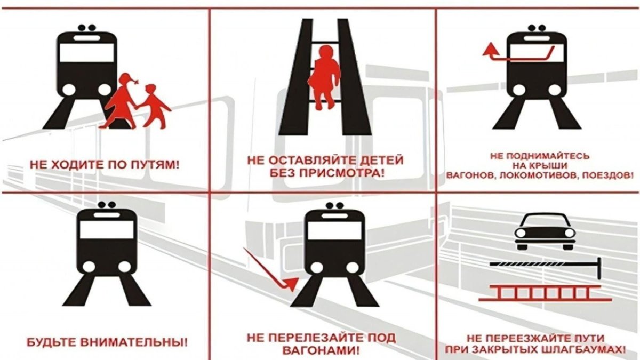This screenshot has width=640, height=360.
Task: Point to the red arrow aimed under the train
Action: click(x=269, y=269)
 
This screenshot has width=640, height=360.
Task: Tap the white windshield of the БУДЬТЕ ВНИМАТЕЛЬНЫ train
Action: click(x=107, y=229)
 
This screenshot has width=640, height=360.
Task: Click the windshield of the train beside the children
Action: click(x=87, y=53)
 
